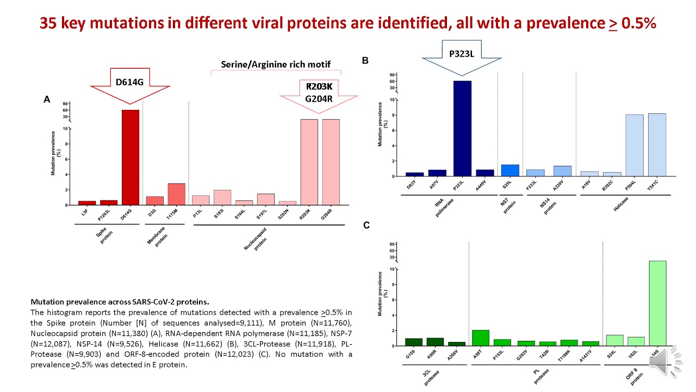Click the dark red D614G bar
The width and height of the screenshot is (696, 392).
click(130, 157)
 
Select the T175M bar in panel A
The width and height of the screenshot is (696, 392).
click(176, 194)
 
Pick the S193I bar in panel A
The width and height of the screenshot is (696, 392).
click(222, 198)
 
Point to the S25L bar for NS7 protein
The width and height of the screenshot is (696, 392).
click(510, 170)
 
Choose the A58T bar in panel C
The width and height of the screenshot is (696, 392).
click(481, 338)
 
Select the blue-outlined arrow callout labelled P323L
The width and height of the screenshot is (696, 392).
click(462, 57)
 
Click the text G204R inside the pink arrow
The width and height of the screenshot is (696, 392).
click(319, 99)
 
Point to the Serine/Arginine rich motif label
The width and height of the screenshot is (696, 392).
click(276, 64)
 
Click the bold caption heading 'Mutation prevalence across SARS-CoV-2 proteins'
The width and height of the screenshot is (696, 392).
click(120, 302)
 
